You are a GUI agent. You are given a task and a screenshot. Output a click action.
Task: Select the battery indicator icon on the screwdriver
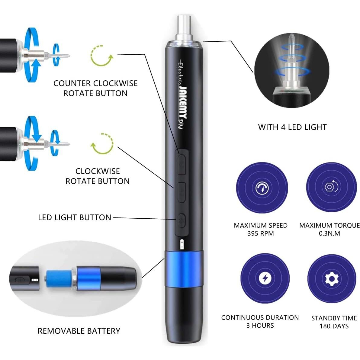click(x=182, y=244)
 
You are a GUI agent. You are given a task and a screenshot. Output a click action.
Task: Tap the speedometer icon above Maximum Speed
click(x=262, y=188)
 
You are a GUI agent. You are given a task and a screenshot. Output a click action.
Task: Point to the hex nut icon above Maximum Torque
click(x=331, y=187)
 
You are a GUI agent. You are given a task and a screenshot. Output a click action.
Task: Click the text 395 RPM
click(x=260, y=233)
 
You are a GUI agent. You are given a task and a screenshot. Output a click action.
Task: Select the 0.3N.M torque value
click(x=329, y=233)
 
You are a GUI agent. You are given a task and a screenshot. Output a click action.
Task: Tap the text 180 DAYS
click(x=334, y=326)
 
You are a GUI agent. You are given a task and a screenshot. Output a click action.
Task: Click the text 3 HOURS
click(x=260, y=326)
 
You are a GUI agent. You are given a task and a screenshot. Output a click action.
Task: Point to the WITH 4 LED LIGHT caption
click(x=292, y=127)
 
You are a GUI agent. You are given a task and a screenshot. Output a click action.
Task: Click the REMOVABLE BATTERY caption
click(x=79, y=331)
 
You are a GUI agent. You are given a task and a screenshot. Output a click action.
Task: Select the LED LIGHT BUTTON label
click(x=75, y=217)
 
